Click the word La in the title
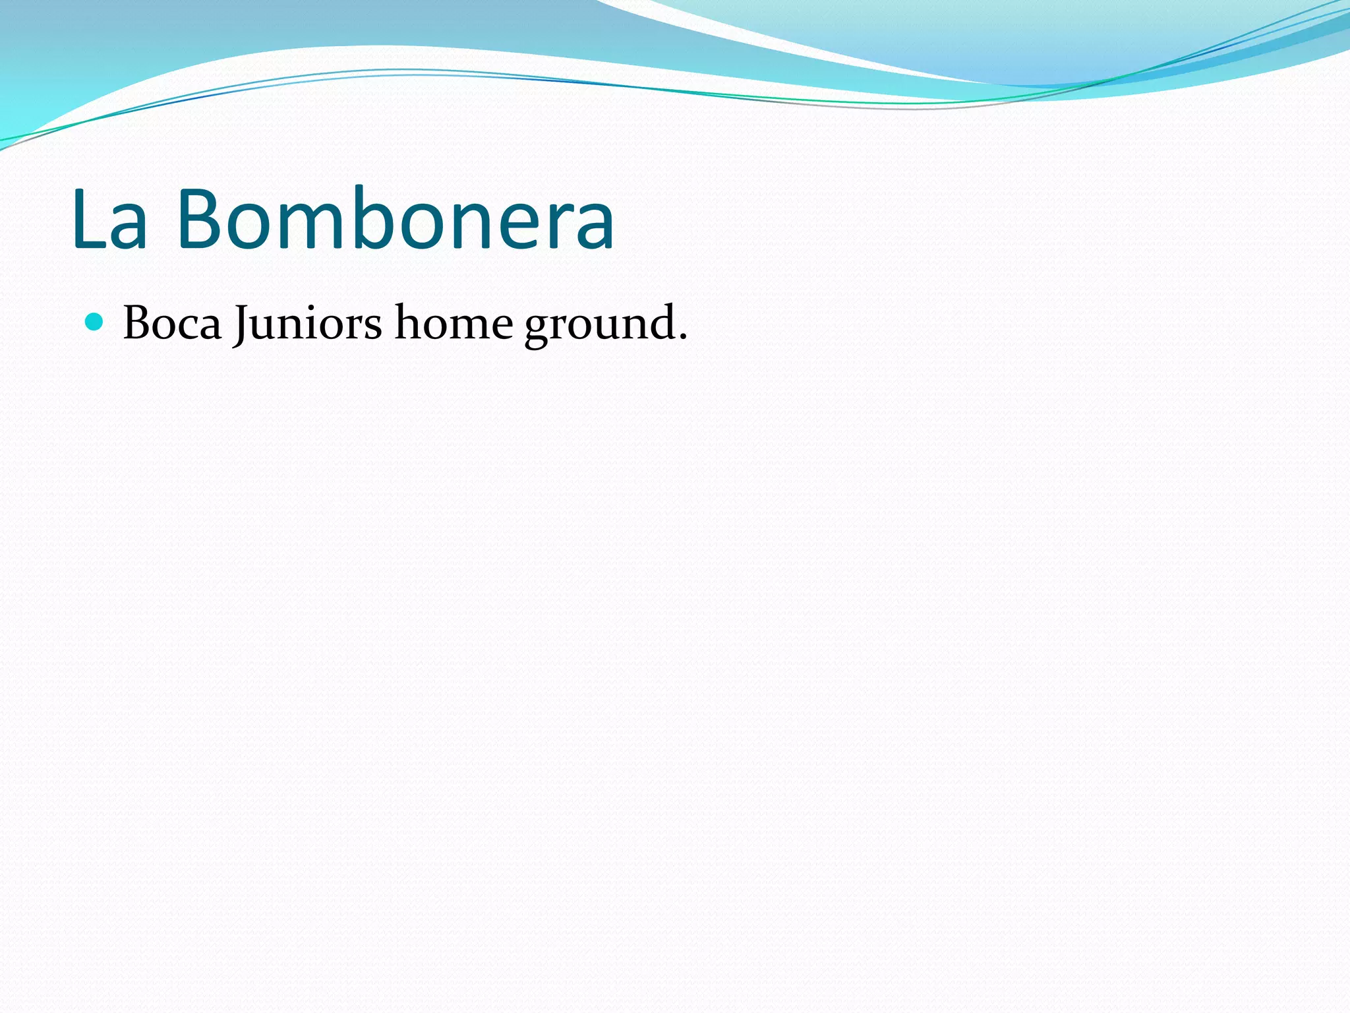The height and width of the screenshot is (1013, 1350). (x=109, y=220)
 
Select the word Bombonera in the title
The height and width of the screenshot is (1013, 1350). (x=396, y=220)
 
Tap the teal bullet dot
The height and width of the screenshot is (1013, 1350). (x=95, y=322)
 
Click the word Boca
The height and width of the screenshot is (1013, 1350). (x=172, y=323)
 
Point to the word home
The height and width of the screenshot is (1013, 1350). (x=454, y=323)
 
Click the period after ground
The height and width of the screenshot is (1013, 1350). (x=683, y=338)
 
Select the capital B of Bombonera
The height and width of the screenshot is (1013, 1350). (x=200, y=220)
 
